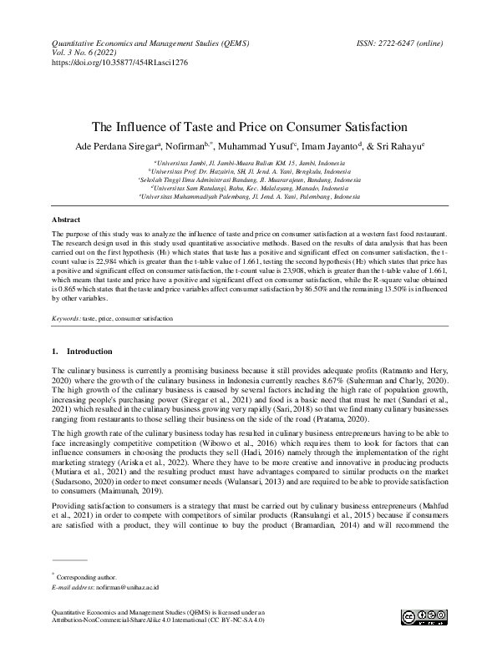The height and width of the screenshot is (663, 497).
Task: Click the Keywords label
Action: pyautogui.click(x=66, y=319)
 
